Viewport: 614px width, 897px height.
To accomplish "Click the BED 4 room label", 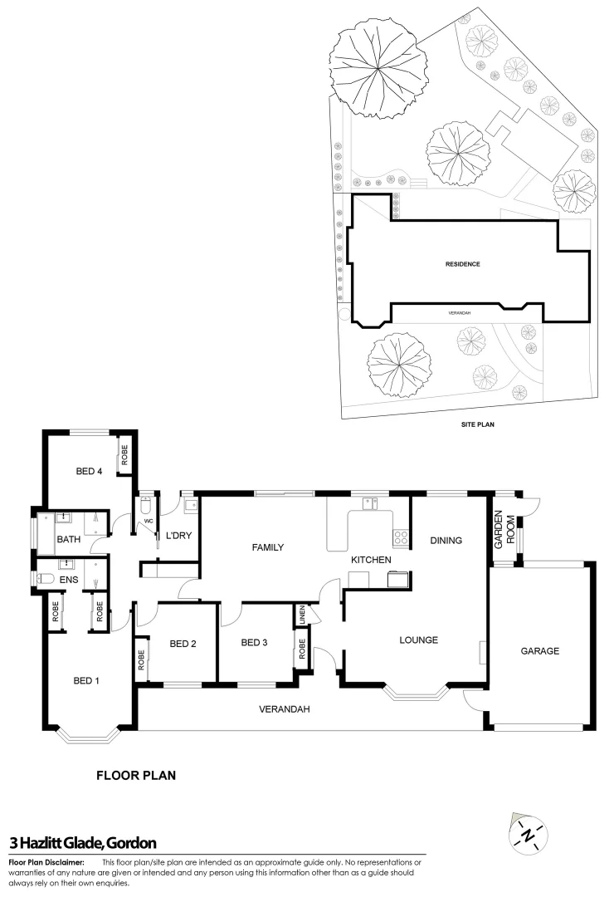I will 89,472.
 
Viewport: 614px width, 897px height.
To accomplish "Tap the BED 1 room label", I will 86,681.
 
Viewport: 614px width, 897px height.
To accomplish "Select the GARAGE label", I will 540,651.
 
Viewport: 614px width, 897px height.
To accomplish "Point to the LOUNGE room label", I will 418,640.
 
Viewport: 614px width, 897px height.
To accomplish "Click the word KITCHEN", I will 371,561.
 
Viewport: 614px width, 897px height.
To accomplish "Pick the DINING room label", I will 446,541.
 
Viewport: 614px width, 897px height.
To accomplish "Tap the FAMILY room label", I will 268,547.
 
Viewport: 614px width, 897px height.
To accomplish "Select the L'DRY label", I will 179,536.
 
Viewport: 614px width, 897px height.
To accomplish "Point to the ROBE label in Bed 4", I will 125,455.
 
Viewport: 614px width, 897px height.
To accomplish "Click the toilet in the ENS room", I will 48,579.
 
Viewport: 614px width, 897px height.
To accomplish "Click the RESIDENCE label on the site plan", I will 463,264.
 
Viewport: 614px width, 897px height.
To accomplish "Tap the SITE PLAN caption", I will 478,423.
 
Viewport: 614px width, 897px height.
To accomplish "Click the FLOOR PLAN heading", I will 136,776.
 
